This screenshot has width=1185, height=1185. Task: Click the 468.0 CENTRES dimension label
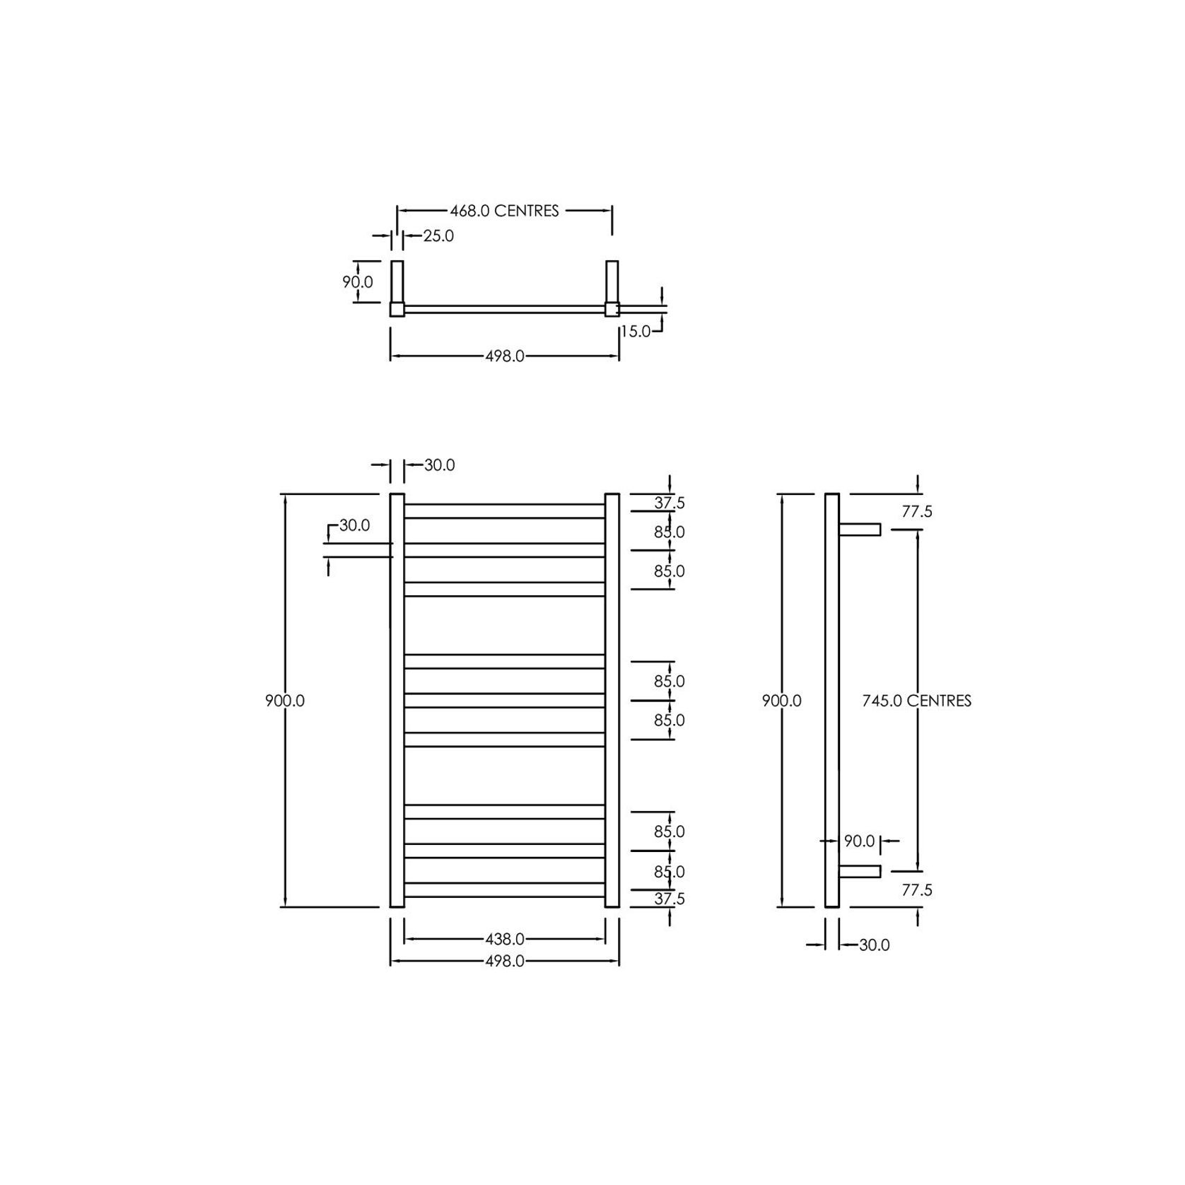(x=504, y=211)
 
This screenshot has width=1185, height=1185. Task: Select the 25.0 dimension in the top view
(x=438, y=236)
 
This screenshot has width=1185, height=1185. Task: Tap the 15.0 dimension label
(x=636, y=331)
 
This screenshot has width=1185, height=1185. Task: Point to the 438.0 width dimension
(x=505, y=939)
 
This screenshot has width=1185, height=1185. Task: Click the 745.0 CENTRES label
(x=916, y=701)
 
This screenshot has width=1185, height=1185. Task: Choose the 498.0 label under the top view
(x=505, y=356)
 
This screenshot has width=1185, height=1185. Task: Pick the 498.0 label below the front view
(x=505, y=962)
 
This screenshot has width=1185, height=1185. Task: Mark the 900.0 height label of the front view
(x=285, y=701)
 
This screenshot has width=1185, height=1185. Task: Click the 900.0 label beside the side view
(x=781, y=701)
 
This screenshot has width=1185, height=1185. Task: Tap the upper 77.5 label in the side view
(x=917, y=512)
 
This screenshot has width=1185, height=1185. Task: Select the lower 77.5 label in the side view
(x=917, y=890)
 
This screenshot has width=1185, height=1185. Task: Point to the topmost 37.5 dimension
(x=669, y=503)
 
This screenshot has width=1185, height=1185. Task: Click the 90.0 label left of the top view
(x=358, y=282)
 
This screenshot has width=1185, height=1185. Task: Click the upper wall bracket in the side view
(x=860, y=530)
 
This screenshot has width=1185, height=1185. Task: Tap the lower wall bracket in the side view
(x=860, y=871)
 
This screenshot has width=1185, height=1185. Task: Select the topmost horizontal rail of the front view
(x=505, y=511)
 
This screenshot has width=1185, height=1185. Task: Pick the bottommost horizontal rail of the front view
(x=505, y=889)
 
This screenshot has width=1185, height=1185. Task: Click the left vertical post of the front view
(x=397, y=700)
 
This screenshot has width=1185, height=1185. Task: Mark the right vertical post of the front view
(x=612, y=700)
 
